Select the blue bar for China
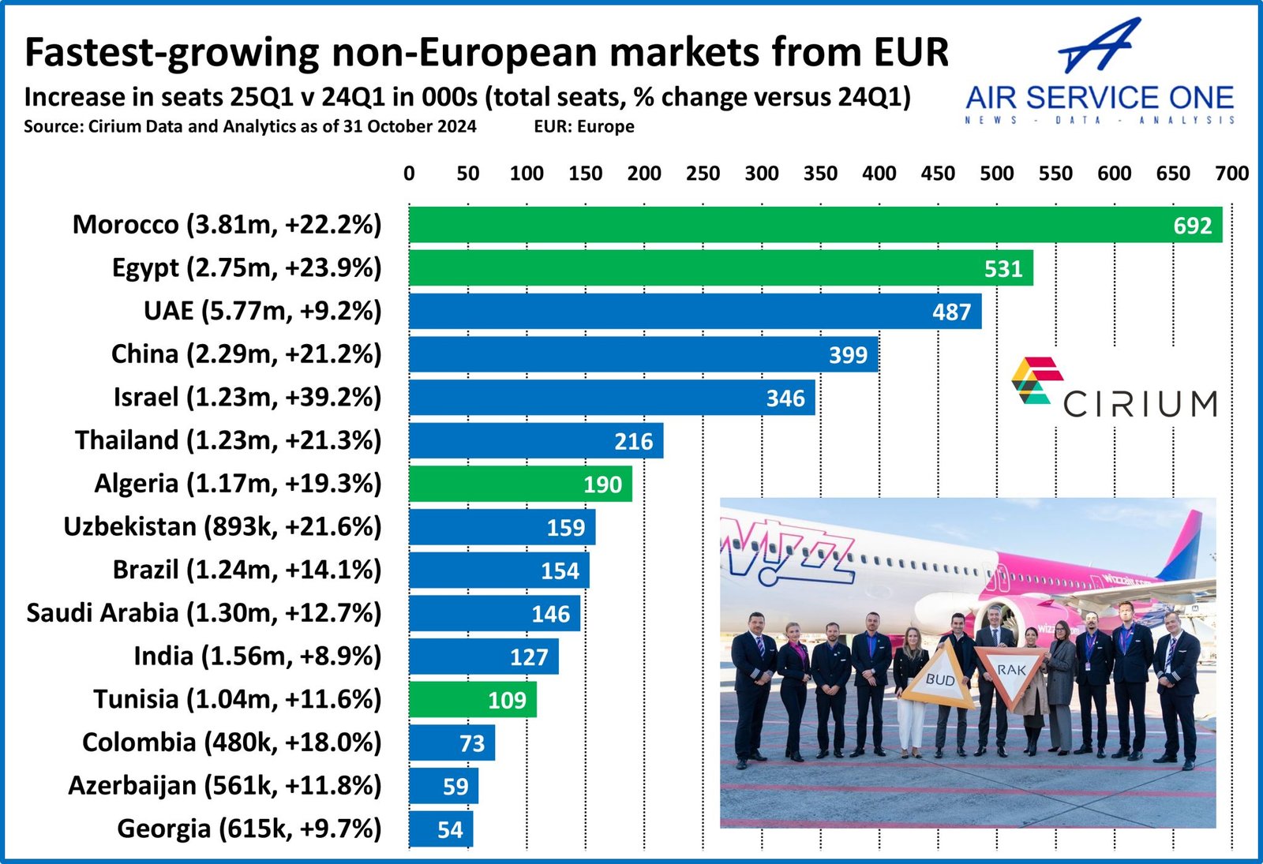tap(643, 354)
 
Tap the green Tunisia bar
tap(472, 700)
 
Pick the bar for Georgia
tap(440, 829)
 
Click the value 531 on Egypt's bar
tap(1003, 269)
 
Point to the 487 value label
tap(951, 312)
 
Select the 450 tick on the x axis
tap(938, 174)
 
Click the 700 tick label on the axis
tap(1231, 174)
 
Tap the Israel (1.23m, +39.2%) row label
tap(247, 397)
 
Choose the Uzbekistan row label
tap(222, 526)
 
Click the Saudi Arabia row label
tap(204, 613)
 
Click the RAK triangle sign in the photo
tap(1010, 672)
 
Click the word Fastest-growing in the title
tap(171, 53)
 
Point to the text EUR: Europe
tap(583, 127)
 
